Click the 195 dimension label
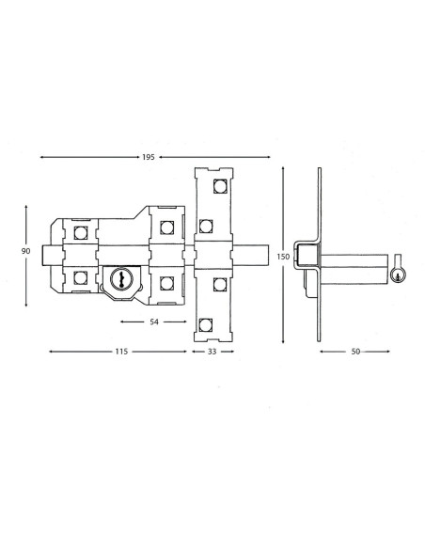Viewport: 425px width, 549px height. [x=149, y=157]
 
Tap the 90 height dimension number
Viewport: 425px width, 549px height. [x=26, y=251]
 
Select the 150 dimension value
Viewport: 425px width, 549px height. [x=283, y=257]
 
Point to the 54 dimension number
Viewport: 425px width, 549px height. [x=154, y=322]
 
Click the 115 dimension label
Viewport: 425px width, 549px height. [x=121, y=352]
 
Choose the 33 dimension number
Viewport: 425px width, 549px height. [x=212, y=352]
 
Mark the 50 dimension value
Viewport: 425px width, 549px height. [x=355, y=352]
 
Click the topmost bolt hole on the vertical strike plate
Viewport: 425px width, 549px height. [x=221, y=186]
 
